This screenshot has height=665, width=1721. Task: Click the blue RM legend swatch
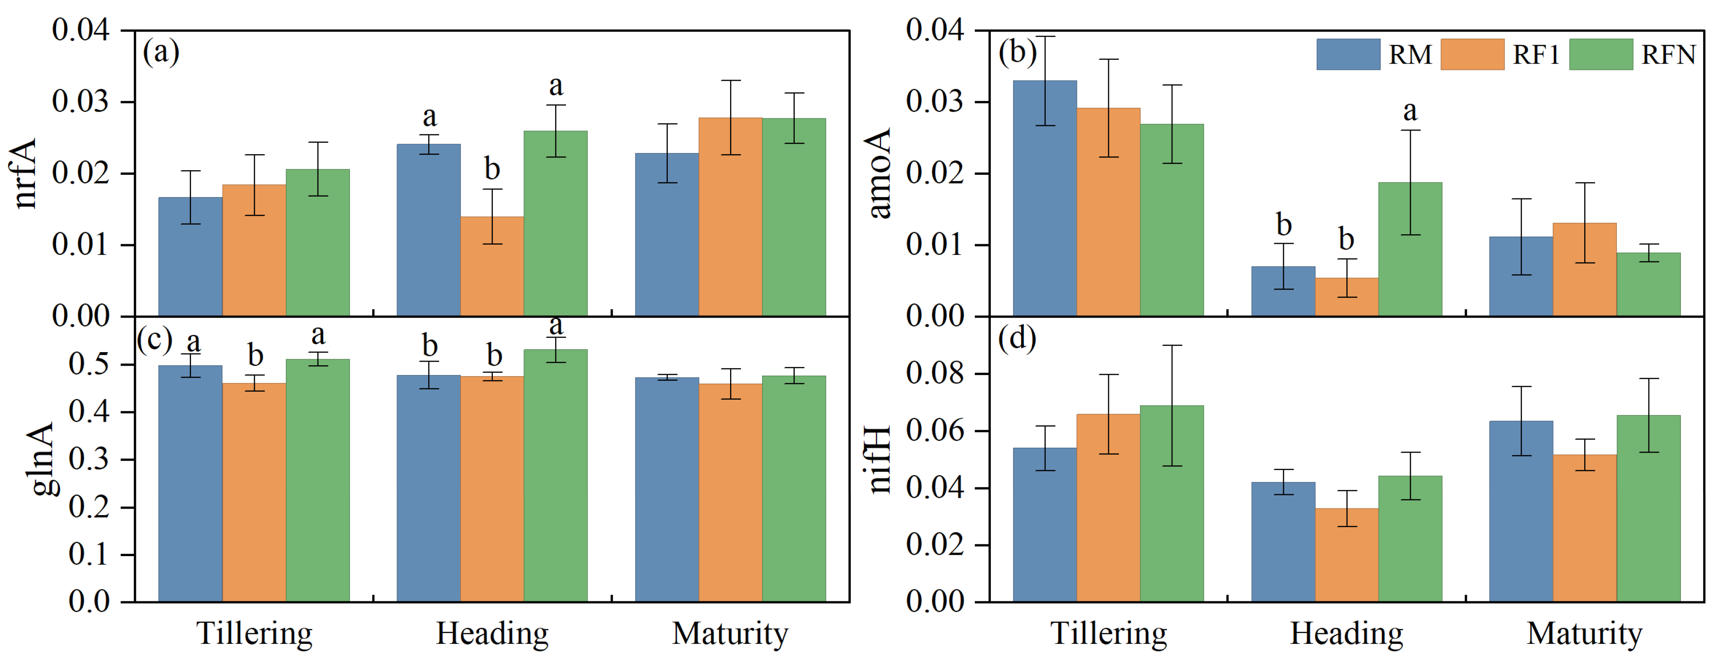[x=1347, y=54]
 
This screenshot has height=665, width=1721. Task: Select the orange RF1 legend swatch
[x=1472, y=54]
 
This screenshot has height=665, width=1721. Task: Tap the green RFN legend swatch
[x=1601, y=54]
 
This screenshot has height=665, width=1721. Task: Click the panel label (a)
[x=161, y=51]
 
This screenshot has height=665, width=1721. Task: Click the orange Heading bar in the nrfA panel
[x=492, y=266]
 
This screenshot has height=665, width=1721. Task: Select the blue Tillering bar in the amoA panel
[x=1045, y=198]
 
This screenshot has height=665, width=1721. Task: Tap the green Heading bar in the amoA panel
[x=1410, y=249]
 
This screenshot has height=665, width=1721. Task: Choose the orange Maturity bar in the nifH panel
[x=1585, y=528]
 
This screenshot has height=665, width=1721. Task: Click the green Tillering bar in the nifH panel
[x=1172, y=503]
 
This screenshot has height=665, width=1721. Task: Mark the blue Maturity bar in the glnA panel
[x=667, y=489]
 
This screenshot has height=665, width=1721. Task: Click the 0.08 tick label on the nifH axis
[x=935, y=373]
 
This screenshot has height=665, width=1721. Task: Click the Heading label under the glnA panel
[x=492, y=633]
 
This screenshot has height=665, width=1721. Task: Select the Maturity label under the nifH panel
[x=1585, y=633]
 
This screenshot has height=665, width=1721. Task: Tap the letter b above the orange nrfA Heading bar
[x=492, y=169]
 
